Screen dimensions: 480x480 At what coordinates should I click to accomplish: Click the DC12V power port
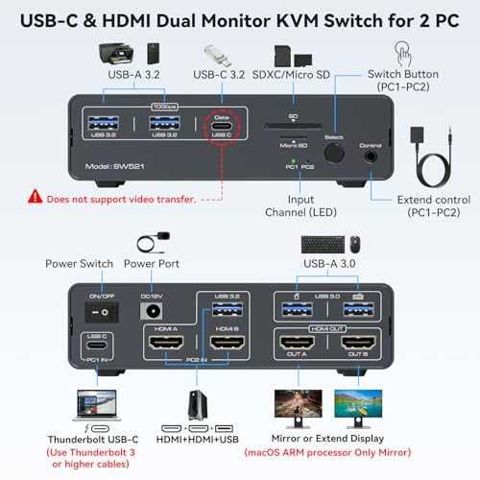pos(149,312)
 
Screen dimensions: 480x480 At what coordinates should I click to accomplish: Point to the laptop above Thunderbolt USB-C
pos(100,402)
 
